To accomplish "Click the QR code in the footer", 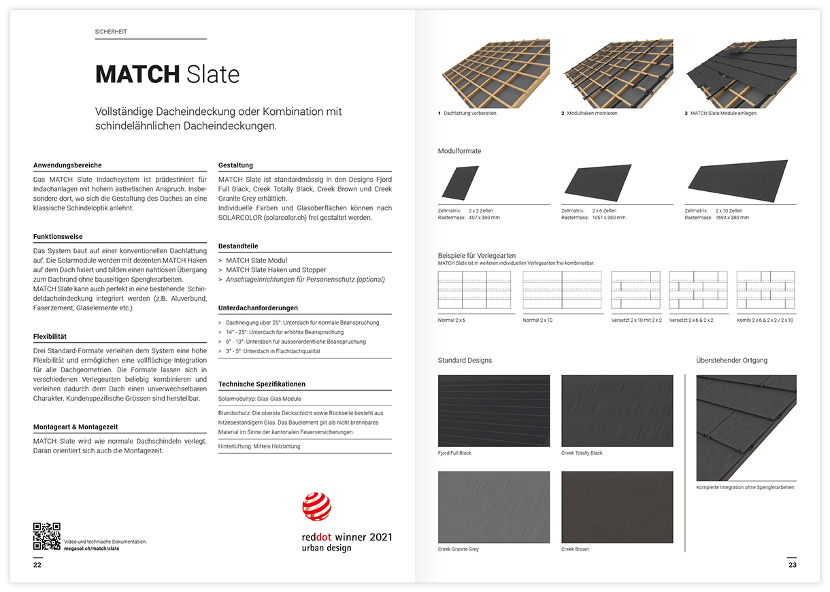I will pyautogui.click(x=46, y=536).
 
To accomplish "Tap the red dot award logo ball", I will pyautogui.click(x=316, y=507).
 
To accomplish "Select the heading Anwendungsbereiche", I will pyautogui.click(x=67, y=165).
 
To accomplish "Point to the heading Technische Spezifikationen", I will pyautogui.click(x=261, y=384).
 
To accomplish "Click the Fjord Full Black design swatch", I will pyautogui.click(x=493, y=410).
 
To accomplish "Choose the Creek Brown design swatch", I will pyautogui.click(x=616, y=507).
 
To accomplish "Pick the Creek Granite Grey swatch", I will pyautogui.click(x=493, y=507).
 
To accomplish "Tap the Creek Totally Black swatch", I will pyautogui.click(x=616, y=410).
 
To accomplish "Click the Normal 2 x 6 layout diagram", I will pyautogui.click(x=474, y=290).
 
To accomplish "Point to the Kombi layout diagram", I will pyautogui.click(x=765, y=290).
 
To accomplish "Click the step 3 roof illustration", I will pyautogui.click(x=740, y=72).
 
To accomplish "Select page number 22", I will pyautogui.click(x=37, y=565).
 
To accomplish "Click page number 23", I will pyautogui.click(x=792, y=565).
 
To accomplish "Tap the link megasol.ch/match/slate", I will pyautogui.click(x=91, y=548).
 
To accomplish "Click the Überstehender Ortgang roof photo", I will pyautogui.click(x=746, y=427).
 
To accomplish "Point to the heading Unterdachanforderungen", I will pyautogui.click(x=258, y=308).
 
